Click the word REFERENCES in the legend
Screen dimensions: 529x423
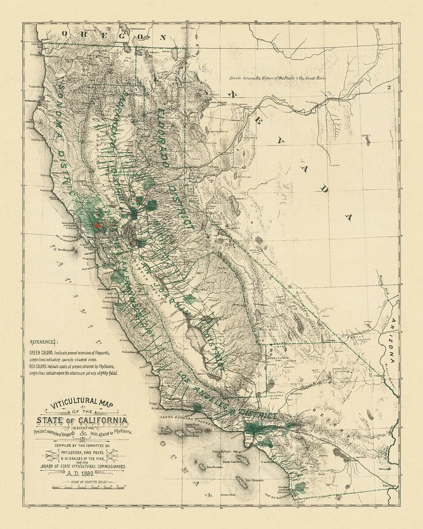[x=44, y=342]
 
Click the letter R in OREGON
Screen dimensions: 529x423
[x=83, y=34]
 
